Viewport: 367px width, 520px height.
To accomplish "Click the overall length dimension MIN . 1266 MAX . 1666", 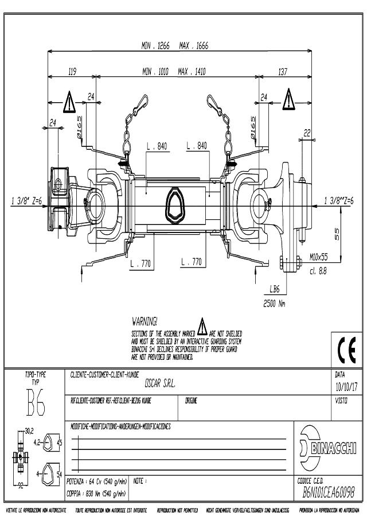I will (x=174, y=45).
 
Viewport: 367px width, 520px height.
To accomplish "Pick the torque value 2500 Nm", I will (x=274, y=304).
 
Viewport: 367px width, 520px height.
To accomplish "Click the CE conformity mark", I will (x=347, y=349).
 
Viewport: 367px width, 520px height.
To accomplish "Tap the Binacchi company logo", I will (x=328, y=447).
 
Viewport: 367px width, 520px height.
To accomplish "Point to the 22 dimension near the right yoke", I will (x=307, y=133).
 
